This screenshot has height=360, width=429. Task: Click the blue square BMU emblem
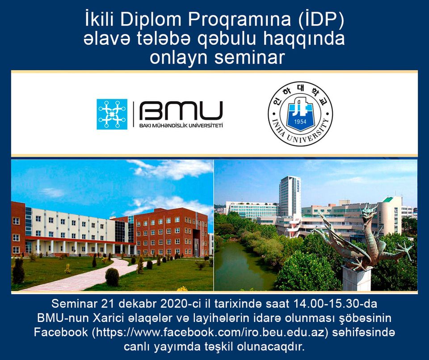point(112,114)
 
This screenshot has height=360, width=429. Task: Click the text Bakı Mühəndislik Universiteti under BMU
point(181,126)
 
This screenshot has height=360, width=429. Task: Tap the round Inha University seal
point(300,114)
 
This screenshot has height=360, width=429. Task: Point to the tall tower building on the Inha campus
point(290,197)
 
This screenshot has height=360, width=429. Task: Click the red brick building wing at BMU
point(170,233)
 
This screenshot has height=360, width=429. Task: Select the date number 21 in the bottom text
point(107,304)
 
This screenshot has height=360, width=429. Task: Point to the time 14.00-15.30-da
point(335,304)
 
